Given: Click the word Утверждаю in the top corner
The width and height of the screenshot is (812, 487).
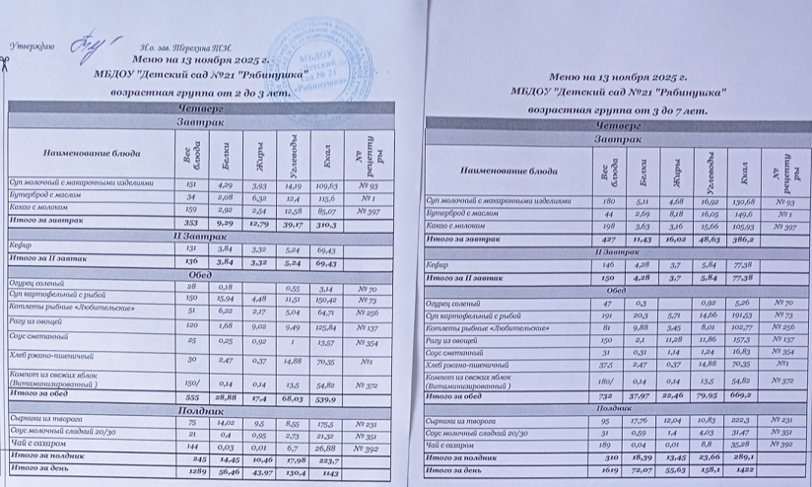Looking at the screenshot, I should pos(32,46).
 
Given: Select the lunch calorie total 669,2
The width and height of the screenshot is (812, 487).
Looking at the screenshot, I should pos(741,395).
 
